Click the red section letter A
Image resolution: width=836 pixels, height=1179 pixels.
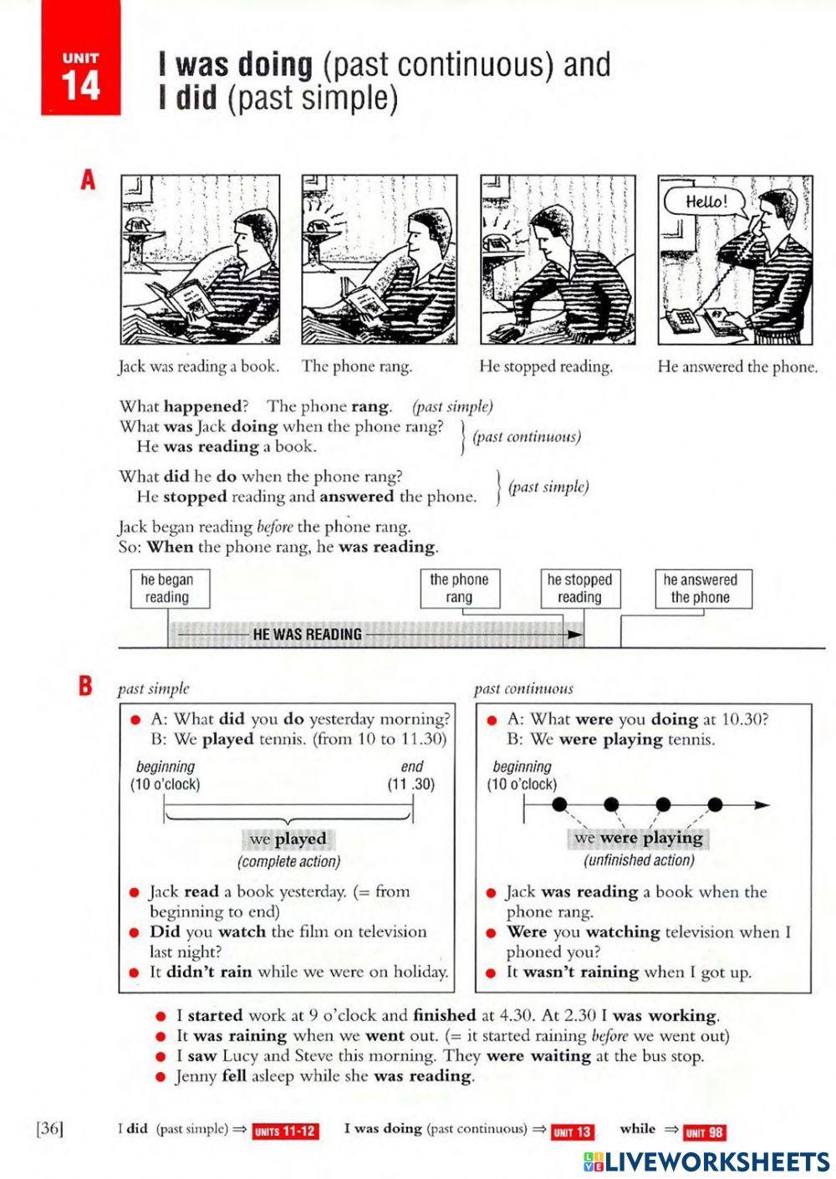(88, 181)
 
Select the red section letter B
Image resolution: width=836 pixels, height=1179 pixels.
(85, 686)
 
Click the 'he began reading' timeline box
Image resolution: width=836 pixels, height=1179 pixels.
(170, 589)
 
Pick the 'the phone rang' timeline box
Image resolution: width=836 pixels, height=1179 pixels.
(459, 589)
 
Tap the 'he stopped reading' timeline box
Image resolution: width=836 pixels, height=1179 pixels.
(579, 589)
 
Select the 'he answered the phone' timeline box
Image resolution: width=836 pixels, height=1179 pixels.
(702, 589)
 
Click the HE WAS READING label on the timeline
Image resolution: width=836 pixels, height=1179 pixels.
(307, 635)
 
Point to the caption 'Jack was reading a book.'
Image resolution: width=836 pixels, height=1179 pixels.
(198, 366)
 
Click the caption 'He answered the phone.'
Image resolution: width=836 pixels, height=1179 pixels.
(737, 366)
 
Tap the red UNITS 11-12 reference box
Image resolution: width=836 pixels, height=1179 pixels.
(285, 1131)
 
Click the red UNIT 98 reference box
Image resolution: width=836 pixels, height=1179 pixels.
(704, 1132)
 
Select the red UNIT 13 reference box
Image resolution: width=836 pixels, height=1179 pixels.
(573, 1132)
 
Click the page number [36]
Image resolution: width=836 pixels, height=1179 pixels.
(50, 1129)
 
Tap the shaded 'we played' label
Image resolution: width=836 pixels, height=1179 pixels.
(288, 839)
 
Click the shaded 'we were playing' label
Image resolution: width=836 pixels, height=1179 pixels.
(639, 838)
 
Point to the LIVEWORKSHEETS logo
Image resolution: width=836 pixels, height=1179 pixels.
(706, 1161)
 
